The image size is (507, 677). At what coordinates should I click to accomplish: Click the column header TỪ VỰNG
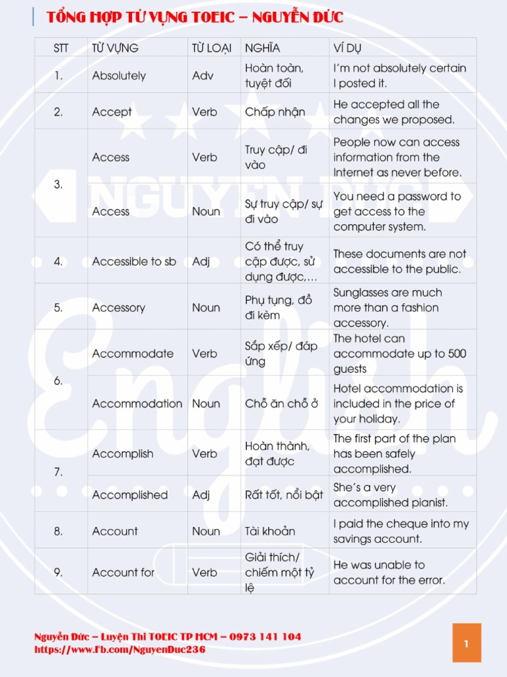pos(115,48)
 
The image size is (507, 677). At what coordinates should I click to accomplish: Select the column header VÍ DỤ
pos(347,48)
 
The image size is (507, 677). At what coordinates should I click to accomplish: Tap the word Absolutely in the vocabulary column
pos(119,76)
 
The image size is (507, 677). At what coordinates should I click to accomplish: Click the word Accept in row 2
pos(112,112)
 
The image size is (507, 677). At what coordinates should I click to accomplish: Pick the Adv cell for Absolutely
pos(203,76)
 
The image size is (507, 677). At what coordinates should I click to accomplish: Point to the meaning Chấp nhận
pos(275,112)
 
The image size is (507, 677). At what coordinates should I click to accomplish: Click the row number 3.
pos(59,184)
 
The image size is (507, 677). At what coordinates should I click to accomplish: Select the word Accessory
pos(119,308)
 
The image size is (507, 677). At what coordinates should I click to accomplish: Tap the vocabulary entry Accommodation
pos(137,404)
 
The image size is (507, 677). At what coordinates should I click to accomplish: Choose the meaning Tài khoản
pos(270,532)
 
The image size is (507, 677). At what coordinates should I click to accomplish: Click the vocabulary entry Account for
pos(123,573)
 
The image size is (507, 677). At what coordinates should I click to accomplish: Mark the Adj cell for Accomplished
pos(201,495)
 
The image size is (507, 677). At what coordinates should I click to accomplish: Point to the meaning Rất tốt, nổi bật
pos(284,495)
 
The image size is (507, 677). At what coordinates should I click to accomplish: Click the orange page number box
pos(466,643)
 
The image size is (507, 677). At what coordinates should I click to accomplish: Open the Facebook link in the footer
pos(119,650)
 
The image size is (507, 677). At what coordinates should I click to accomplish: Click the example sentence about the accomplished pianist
pos(390,495)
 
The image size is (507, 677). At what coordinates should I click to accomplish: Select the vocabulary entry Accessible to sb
pos(134,262)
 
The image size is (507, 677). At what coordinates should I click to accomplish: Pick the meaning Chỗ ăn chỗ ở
pos(281,404)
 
